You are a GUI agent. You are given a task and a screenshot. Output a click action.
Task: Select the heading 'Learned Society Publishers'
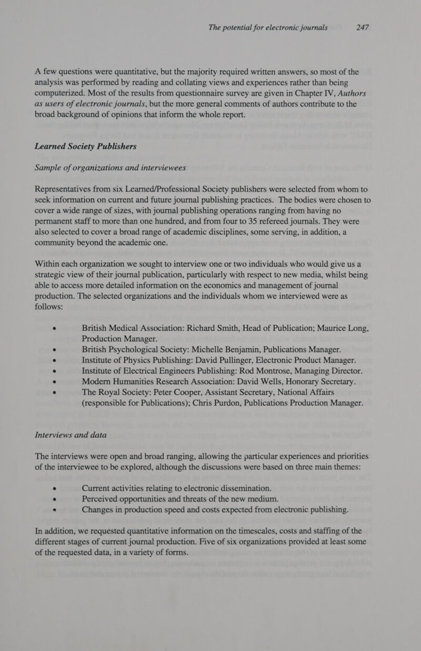86,146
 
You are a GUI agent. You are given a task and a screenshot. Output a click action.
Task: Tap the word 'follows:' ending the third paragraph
49,306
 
